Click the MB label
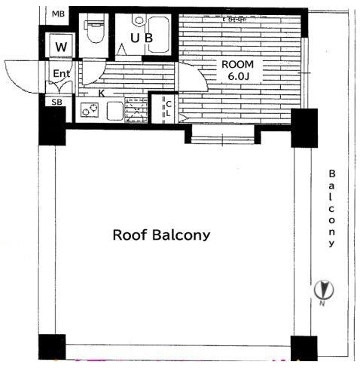58,14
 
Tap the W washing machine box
61,45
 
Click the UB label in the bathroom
142,38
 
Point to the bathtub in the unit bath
158,35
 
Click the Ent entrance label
62,74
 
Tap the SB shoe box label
56,103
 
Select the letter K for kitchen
101,94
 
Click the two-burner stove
90,110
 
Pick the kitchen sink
114,111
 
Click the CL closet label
169,109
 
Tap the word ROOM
237,65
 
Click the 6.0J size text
238,76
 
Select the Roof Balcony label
161,235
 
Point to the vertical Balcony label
331,208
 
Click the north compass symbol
324,290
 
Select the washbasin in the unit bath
139,20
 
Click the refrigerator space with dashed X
136,110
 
